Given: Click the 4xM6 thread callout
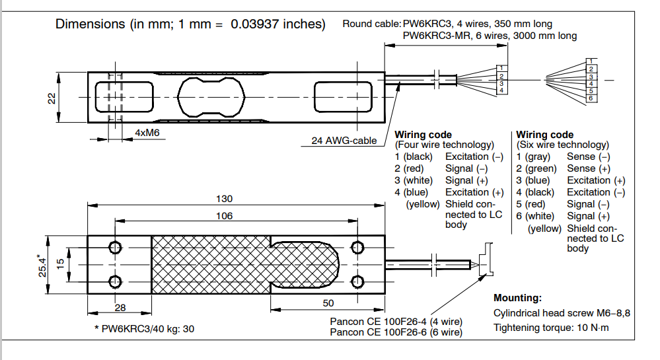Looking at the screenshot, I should coord(147,132).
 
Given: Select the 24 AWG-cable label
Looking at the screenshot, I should coord(344,140).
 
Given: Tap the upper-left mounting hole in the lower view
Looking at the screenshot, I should coord(116,248).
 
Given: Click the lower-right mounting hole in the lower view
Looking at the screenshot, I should coord(358,282).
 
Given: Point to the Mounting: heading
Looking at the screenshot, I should coord(517,298).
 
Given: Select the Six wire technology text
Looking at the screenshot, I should coord(563,145).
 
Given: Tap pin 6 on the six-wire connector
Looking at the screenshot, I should coord(591,98).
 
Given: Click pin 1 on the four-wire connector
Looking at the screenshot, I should coord(502,67).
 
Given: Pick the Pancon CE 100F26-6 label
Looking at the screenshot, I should coord(396,332).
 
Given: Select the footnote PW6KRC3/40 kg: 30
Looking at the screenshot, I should coord(144,328).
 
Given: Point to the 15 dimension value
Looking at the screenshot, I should coord(60,264).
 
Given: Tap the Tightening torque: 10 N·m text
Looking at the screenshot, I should coord(551,328).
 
